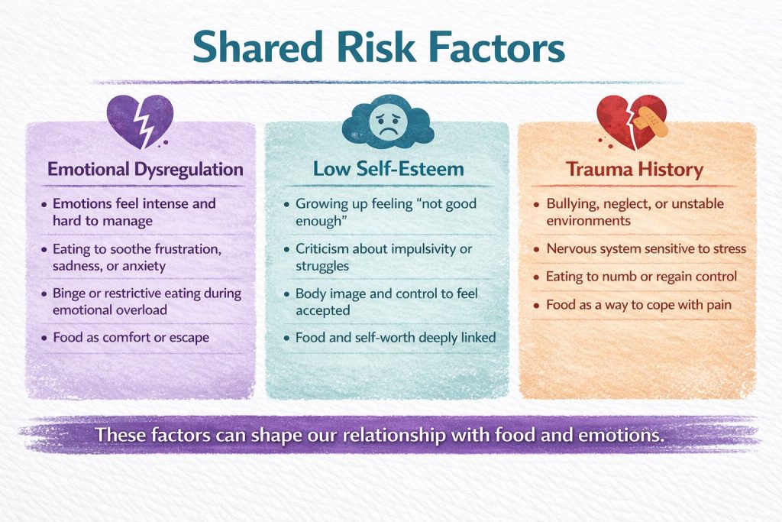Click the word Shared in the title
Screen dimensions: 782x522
pyautogui.click(x=258, y=47)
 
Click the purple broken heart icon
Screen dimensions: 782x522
pyautogui.click(x=140, y=122)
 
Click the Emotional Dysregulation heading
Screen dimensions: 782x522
pyautogui.click(x=145, y=169)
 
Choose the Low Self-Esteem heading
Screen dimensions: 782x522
pyautogui.click(x=389, y=169)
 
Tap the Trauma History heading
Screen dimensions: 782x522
pyautogui.click(x=635, y=169)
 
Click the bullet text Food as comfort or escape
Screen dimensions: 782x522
pyautogui.click(x=131, y=337)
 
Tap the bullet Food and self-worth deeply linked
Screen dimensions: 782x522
pyautogui.click(x=396, y=337)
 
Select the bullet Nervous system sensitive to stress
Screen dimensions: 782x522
pyautogui.click(x=646, y=248)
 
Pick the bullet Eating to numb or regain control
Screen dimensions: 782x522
pyautogui.click(x=641, y=277)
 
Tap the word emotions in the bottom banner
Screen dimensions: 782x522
pyautogui.click(x=621, y=435)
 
